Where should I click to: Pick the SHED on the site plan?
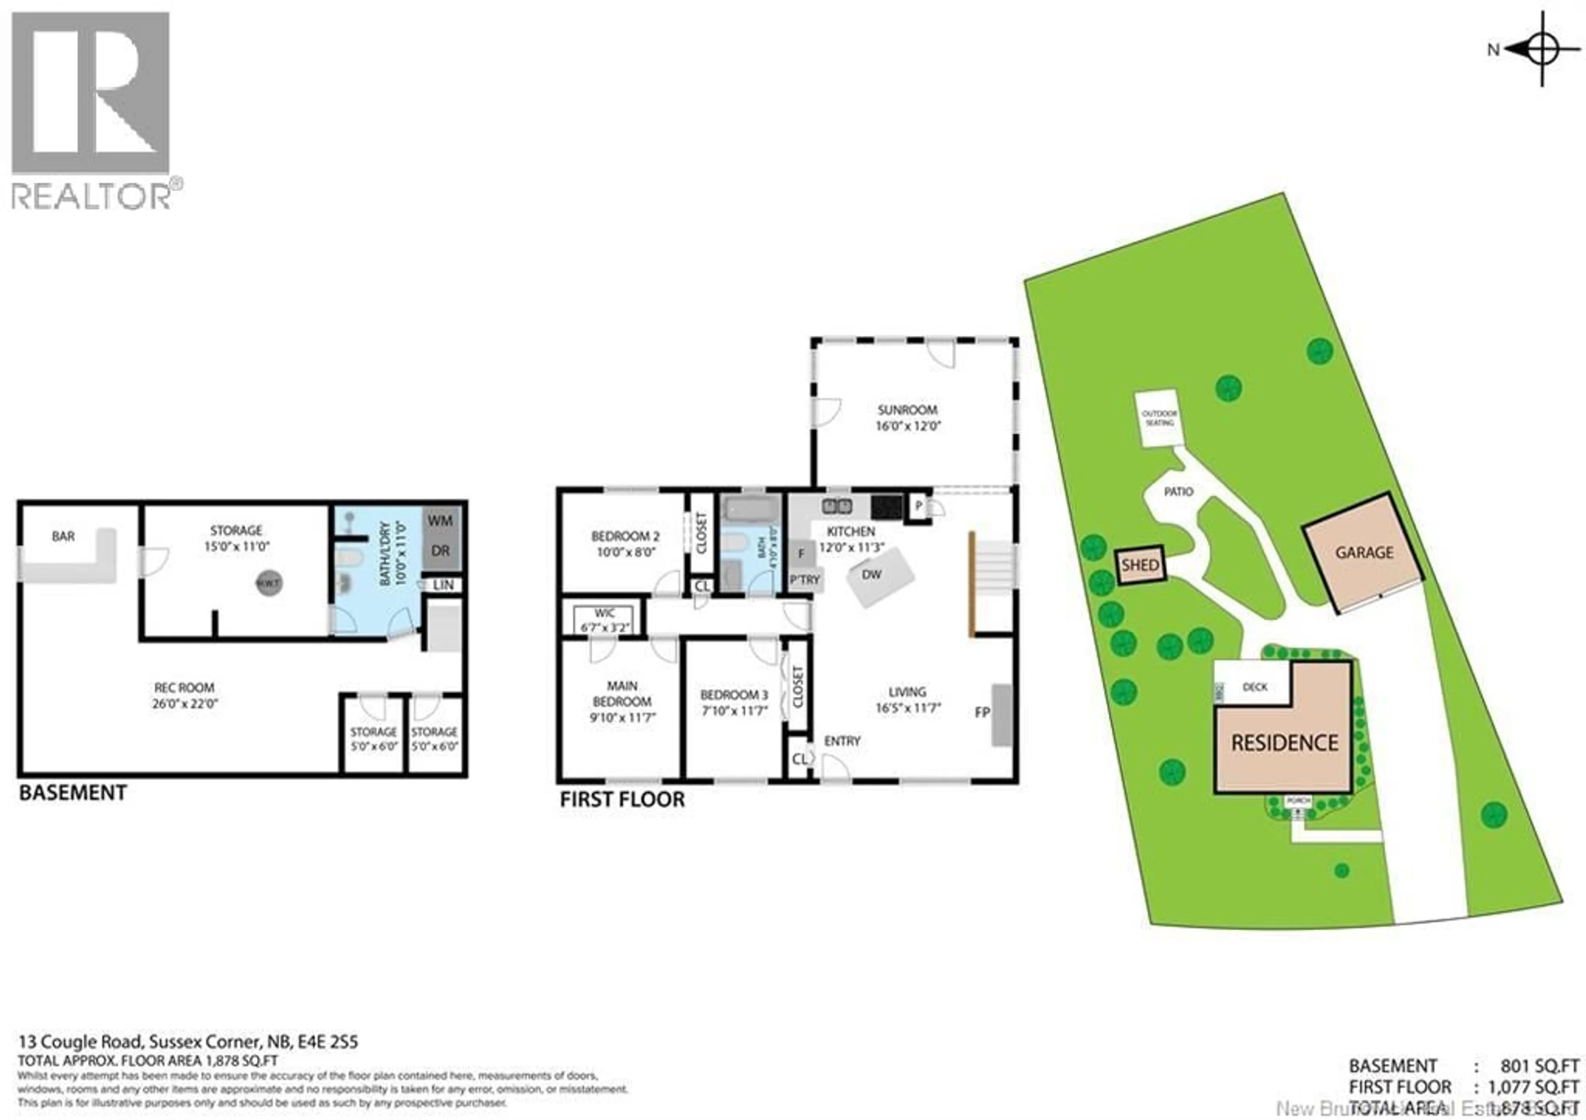1140,565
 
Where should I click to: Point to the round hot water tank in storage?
268,583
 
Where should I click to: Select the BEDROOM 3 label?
734,695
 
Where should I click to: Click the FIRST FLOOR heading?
622,799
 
